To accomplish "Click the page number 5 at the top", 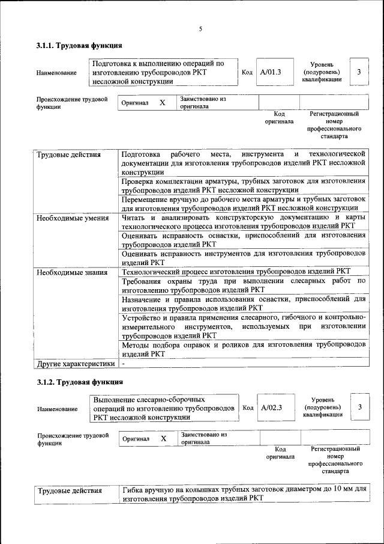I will pos(201,29).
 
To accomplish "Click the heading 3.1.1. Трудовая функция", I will pos(79,46).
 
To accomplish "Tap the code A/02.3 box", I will pos(271,408).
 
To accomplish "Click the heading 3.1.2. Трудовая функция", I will pos(79,382).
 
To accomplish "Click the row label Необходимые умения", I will pos(72,218).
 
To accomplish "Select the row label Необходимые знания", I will pos(72,272).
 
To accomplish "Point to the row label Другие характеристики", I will pos(75,364).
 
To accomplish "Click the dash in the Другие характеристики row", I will pos(124,364).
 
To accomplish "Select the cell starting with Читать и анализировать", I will pos(243,221).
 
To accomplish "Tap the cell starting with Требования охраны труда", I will pos(243,285).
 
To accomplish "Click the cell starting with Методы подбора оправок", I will pos(243,349).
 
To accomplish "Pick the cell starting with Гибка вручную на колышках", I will pos(243,494).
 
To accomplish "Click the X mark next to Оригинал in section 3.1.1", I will pos(162,103).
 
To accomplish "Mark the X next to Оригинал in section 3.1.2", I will pos(163,439).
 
